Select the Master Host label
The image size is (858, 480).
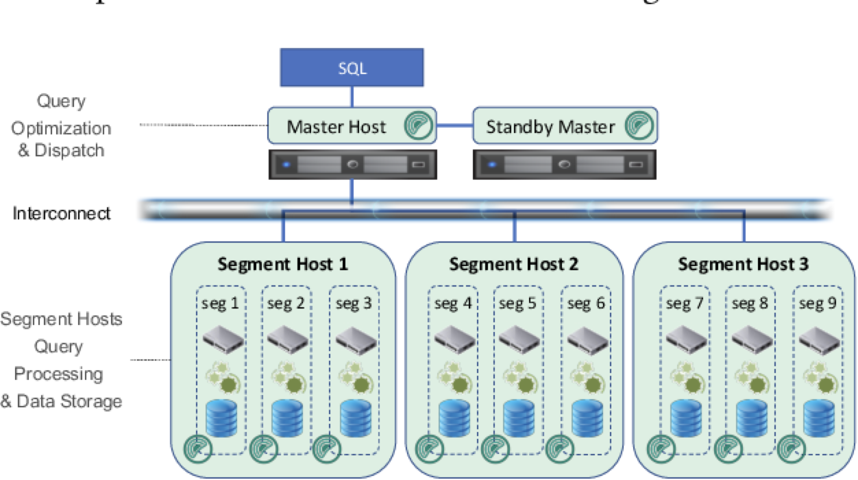[x=336, y=127]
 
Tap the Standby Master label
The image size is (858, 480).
[x=550, y=127]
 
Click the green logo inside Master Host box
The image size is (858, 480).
[x=417, y=127]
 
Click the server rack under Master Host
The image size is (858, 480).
[x=351, y=165]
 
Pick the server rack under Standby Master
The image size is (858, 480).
[x=564, y=165]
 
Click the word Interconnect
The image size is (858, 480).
[x=62, y=213]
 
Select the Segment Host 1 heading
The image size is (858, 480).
[x=282, y=264]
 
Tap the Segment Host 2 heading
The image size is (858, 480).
[x=514, y=264]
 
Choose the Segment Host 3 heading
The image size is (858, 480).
[x=744, y=264]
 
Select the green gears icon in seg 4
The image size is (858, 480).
[x=453, y=375]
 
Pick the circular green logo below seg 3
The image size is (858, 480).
[x=327, y=448]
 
